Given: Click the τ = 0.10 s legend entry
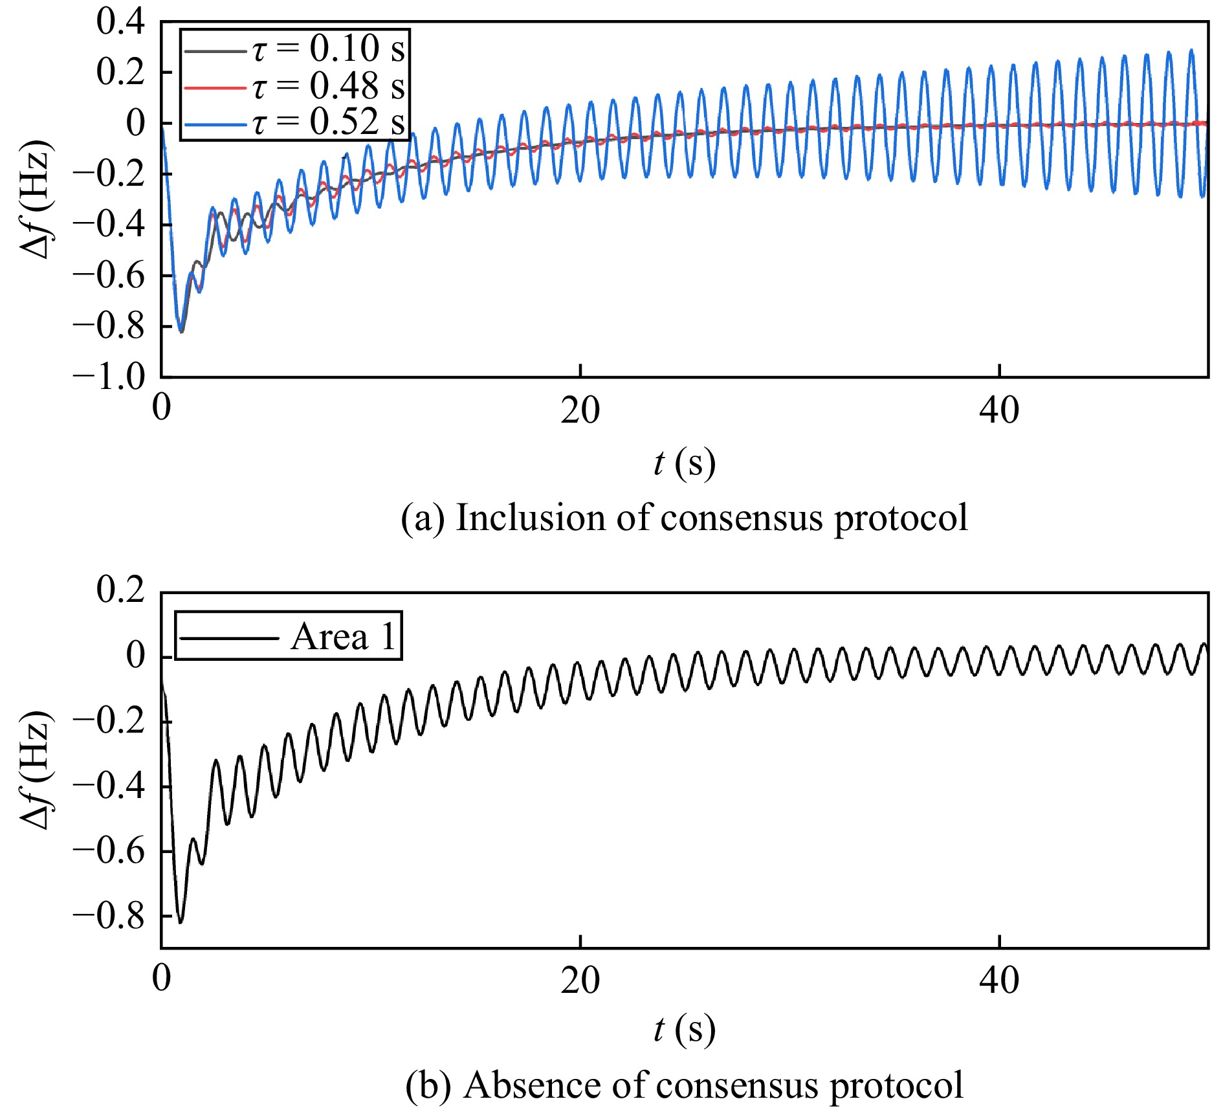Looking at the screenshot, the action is (294, 49).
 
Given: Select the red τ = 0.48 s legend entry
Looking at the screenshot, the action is (294, 85).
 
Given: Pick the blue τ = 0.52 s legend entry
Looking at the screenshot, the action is (294, 122).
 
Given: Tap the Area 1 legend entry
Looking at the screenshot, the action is (288, 637).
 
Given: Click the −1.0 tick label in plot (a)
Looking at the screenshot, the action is (109, 377).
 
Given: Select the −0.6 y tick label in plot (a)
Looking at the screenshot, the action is (109, 275).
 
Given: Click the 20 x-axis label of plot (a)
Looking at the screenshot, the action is (580, 410).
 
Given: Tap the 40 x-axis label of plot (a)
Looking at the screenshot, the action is (999, 410).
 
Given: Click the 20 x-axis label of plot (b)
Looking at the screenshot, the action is (580, 981).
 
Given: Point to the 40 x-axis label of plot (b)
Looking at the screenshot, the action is (999, 981).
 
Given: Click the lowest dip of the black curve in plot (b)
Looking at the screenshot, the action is (181, 922).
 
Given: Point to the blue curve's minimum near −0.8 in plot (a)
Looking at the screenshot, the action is (180, 330).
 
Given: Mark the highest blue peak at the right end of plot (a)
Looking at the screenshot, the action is (1191, 50).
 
